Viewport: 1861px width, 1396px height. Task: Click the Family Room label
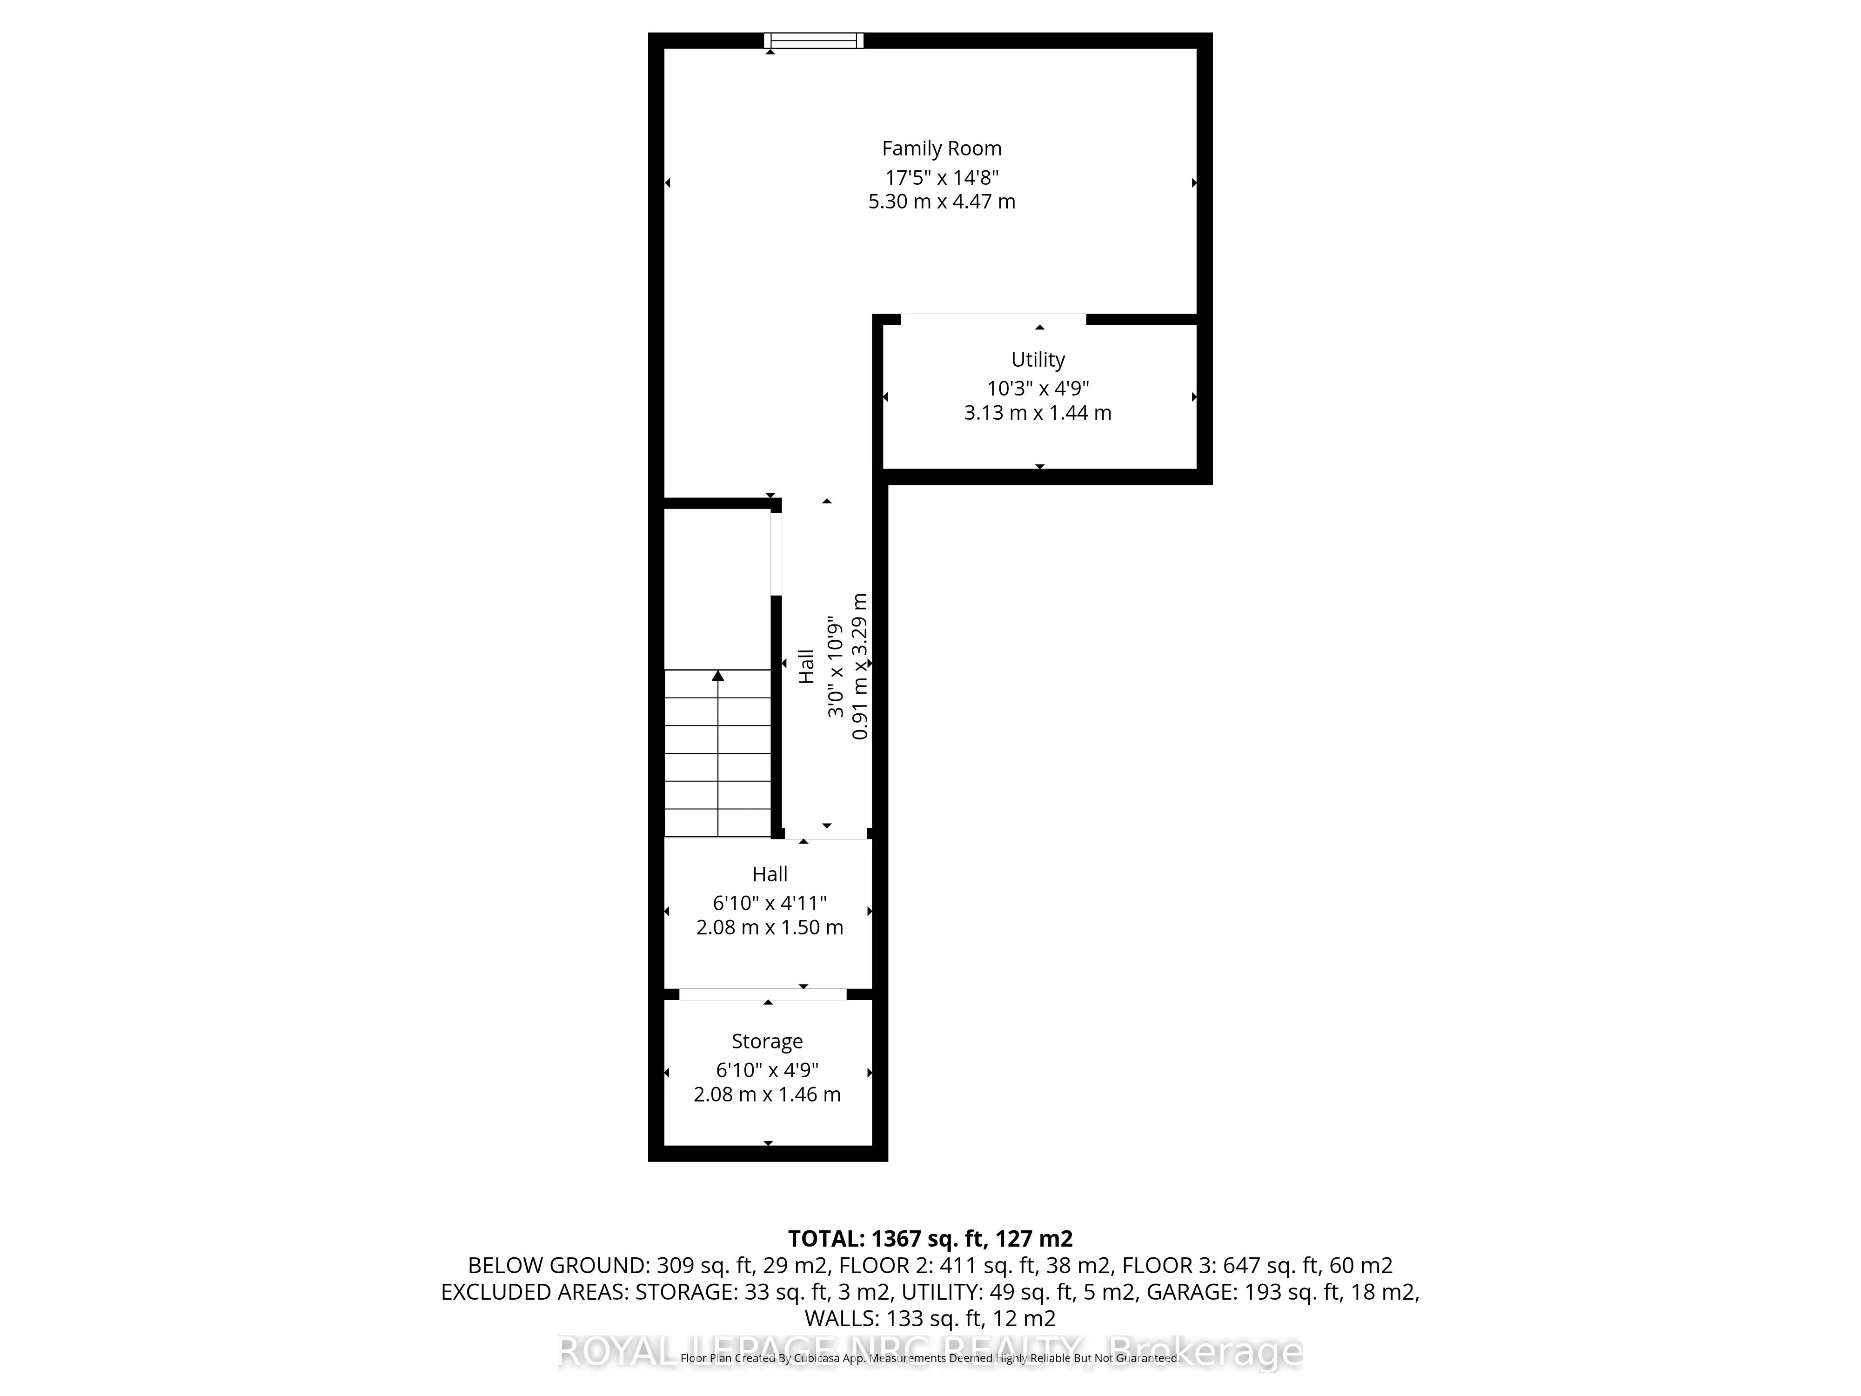[x=942, y=149]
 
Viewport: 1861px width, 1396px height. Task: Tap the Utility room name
[x=1038, y=360]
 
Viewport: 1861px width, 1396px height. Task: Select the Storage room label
[x=766, y=1042]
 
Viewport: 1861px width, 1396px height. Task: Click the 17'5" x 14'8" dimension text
[x=942, y=178]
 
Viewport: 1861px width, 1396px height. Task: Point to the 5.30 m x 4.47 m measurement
[x=942, y=202]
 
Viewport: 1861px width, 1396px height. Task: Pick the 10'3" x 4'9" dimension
[x=1038, y=389]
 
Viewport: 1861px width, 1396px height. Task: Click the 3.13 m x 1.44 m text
[x=1038, y=413]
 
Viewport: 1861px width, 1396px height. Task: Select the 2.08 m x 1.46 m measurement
[x=766, y=1095]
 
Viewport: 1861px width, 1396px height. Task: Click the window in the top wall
[x=814, y=40]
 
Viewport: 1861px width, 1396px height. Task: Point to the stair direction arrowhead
[x=717, y=675]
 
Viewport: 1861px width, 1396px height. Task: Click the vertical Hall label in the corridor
[x=806, y=665]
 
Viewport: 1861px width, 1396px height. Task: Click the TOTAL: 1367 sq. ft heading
[x=930, y=1239]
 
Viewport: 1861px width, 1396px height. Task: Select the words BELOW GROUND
[x=555, y=1266]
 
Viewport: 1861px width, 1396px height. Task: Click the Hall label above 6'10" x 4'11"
[x=770, y=874]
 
